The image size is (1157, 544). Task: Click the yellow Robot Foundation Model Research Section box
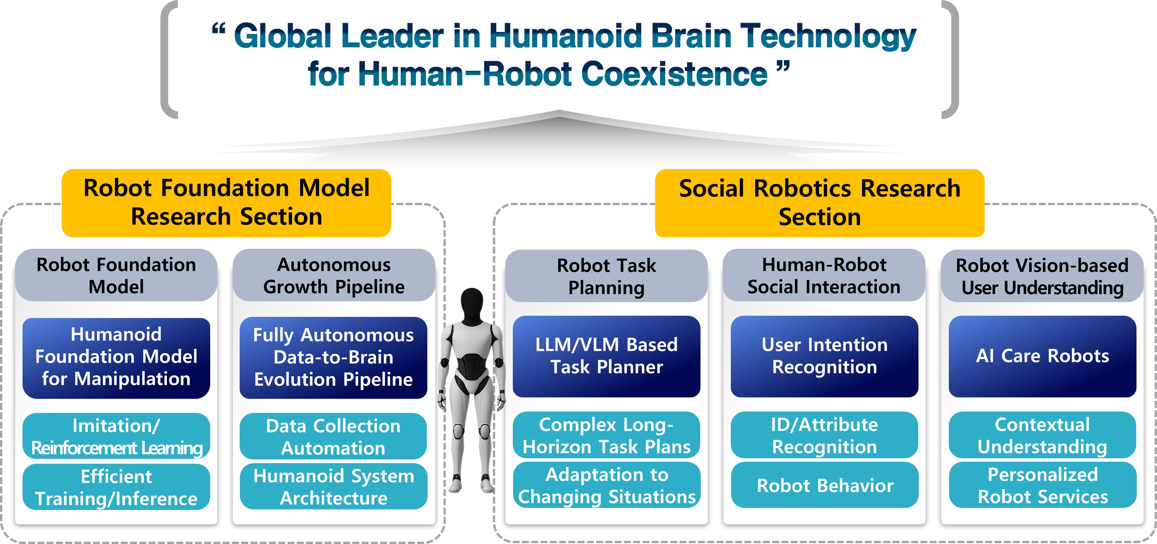click(x=226, y=203)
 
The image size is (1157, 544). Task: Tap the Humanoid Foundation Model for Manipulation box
click(x=116, y=357)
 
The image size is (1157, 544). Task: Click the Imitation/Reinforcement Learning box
click(x=116, y=436)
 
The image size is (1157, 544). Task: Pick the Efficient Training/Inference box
click(x=116, y=487)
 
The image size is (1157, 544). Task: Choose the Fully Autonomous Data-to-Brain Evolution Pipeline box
click(x=333, y=357)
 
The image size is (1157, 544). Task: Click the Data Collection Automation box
click(x=333, y=436)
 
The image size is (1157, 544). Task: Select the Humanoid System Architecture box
click(x=333, y=487)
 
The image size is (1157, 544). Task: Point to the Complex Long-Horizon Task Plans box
click(x=606, y=435)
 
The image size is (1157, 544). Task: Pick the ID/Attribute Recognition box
click(x=824, y=435)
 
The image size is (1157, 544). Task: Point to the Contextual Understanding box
click(x=1042, y=435)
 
